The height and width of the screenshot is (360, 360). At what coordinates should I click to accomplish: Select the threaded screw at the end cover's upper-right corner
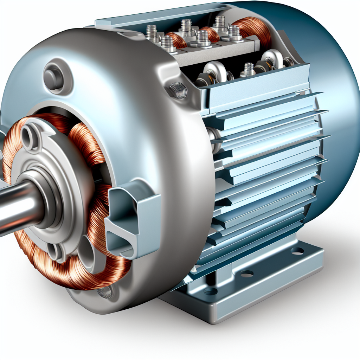[x=179, y=90]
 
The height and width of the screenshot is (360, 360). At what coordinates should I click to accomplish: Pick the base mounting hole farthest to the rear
[x=297, y=251]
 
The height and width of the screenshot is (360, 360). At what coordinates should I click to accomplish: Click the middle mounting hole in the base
[x=247, y=273]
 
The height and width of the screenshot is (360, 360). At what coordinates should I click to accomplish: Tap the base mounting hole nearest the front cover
[x=210, y=291]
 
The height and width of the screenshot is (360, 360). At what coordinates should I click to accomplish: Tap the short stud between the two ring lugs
[x=249, y=69]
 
